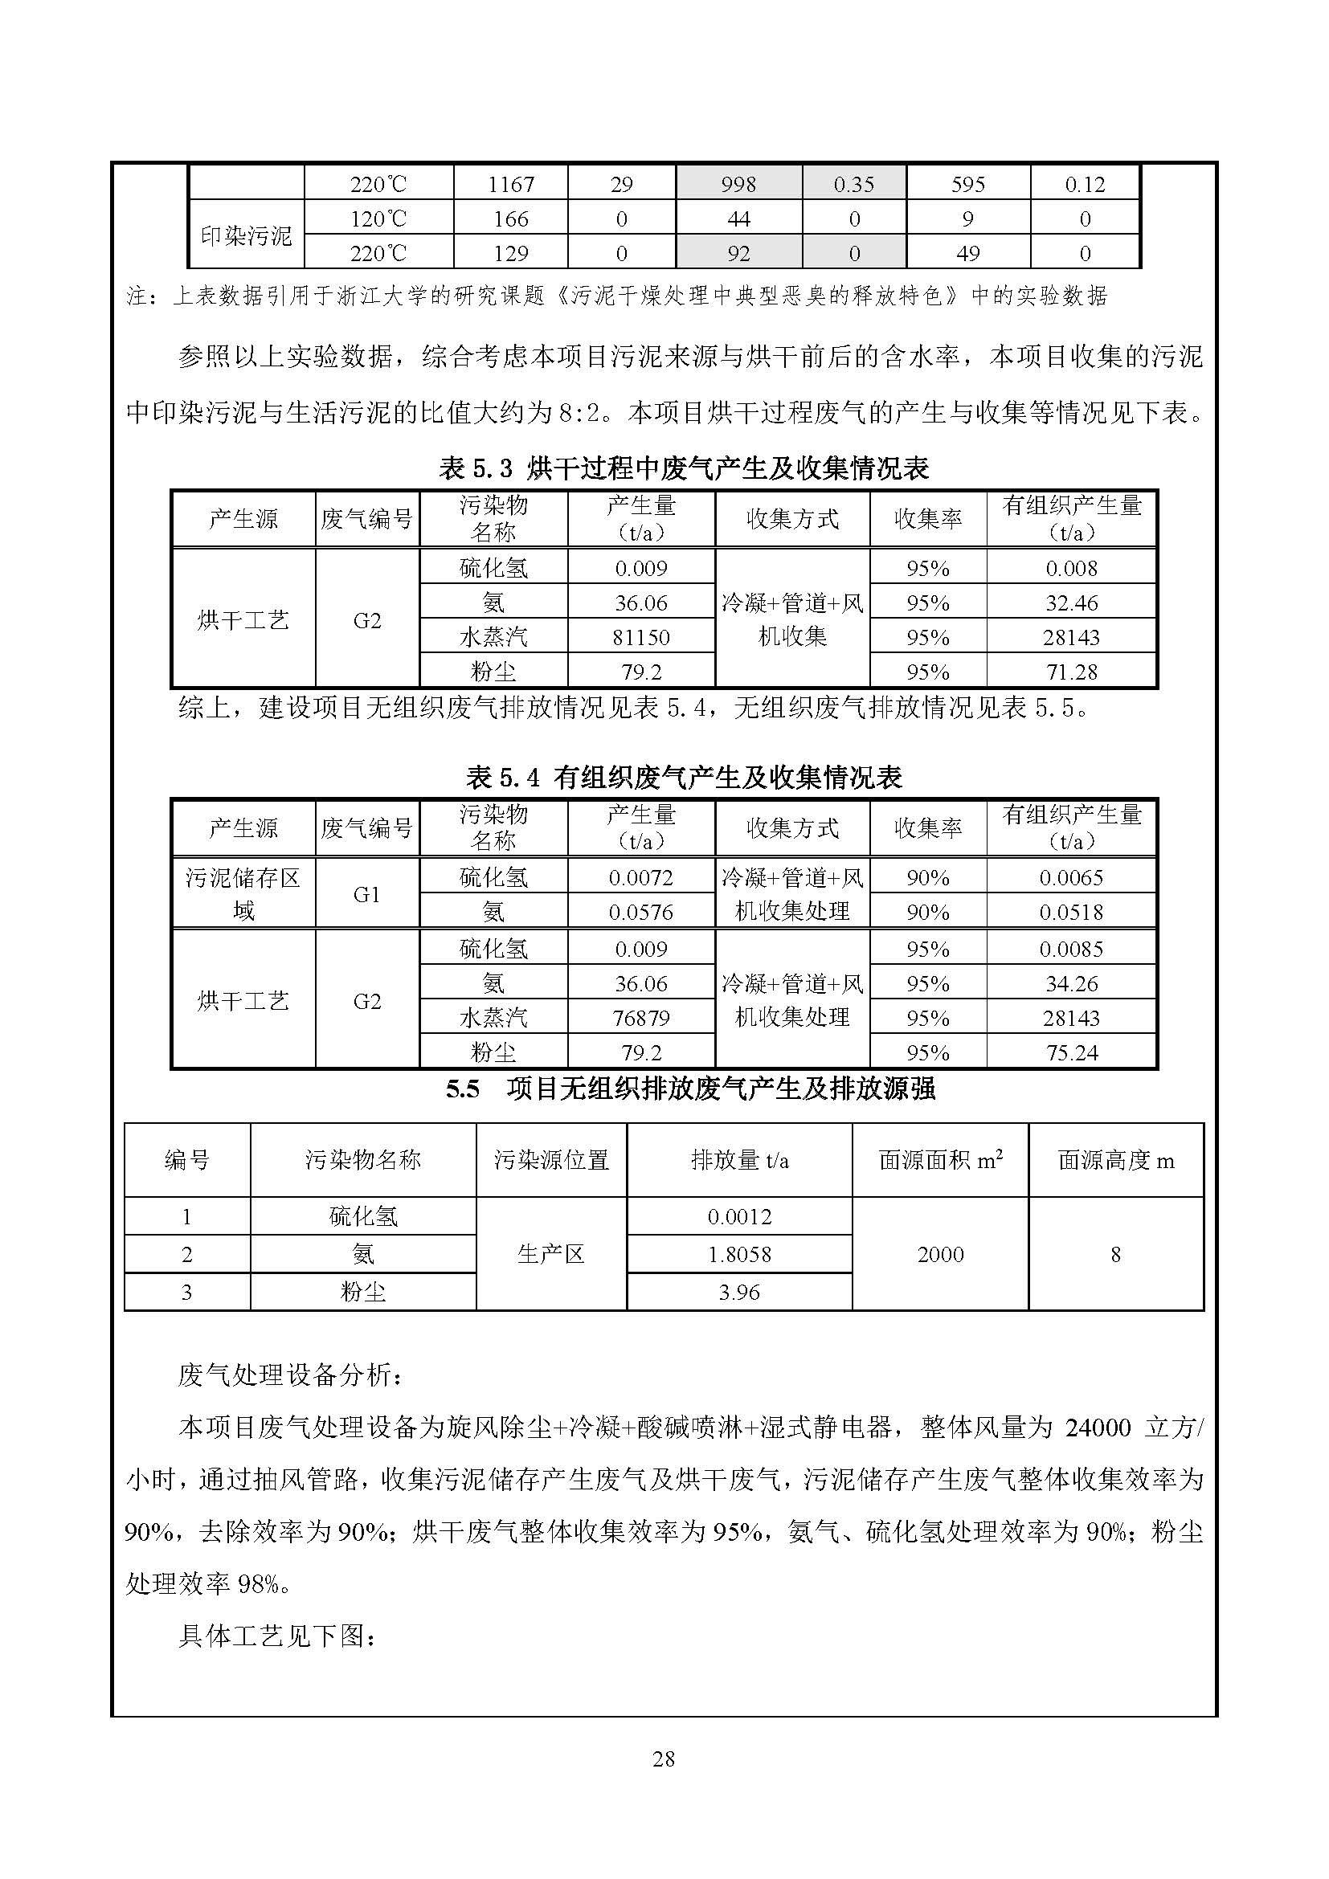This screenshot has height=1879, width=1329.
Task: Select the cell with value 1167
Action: pyautogui.click(x=511, y=184)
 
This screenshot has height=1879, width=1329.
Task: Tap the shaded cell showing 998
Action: pyautogui.click(x=738, y=184)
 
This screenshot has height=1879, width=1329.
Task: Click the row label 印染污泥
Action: pyautogui.click(x=247, y=236)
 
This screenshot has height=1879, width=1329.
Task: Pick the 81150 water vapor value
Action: pyautogui.click(x=640, y=637)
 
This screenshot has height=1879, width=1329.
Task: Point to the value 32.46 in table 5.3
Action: pyautogui.click(x=1071, y=603)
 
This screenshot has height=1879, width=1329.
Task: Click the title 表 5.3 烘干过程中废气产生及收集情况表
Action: pyautogui.click(x=684, y=468)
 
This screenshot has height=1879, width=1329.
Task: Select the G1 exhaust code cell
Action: pyautogui.click(x=366, y=894)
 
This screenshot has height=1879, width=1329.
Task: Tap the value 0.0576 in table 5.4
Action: pyautogui.click(x=640, y=912)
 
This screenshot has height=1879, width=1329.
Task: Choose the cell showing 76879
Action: pyautogui.click(x=640, y=1018)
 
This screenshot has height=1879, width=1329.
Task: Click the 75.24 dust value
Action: pyautogui.click(x=1071, y=1052)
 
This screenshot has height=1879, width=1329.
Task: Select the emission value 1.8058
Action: pyautogui.click(x=739, y=1254)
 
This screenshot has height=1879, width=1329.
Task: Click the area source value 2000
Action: pyautogui.click(x=940, y=1254)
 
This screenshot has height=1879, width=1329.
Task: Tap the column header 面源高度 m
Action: pyautogui.click(x=1115, y=1160)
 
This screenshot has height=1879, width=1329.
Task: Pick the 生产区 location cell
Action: pyautogui.click(x=550, y=1254)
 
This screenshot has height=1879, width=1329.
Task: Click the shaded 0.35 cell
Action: pyautogui.click(x=853, y=184)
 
